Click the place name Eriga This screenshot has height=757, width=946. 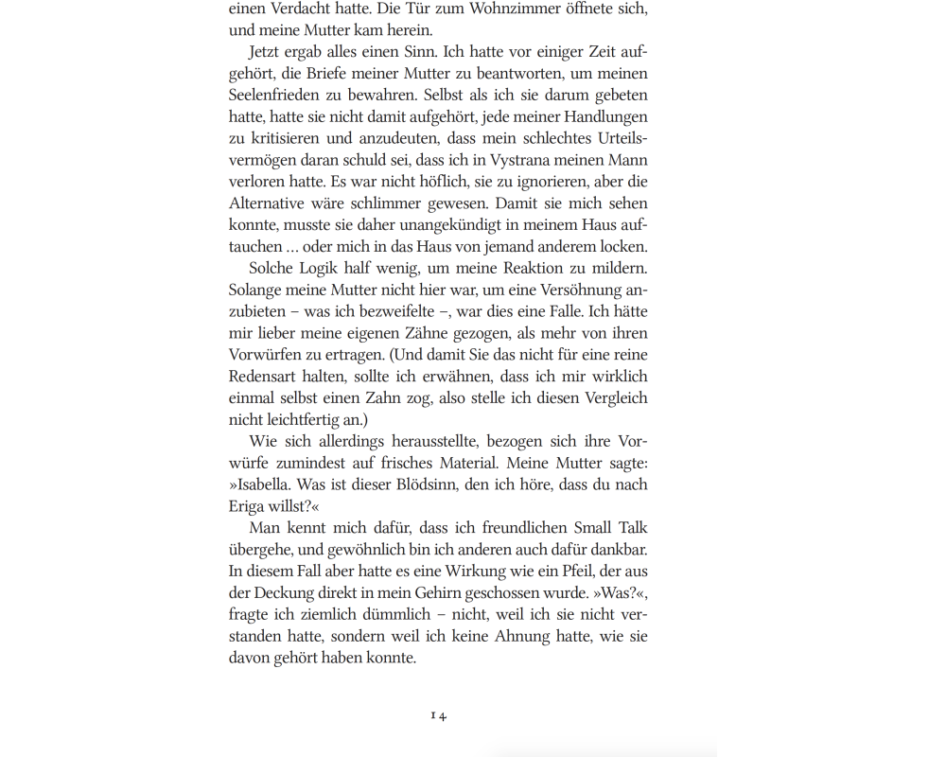coord(248,506)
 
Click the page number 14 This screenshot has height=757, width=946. coord(438,715)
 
